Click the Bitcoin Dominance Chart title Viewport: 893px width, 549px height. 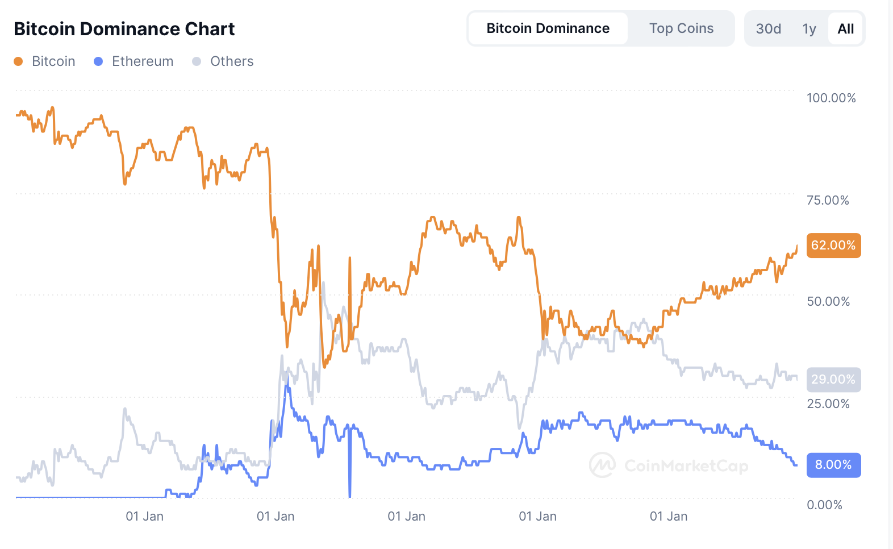[124, 29]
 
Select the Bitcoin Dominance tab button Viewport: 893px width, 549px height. [548, 28]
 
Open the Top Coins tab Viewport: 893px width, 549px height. [681, 28]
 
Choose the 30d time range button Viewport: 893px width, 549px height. [768, 29]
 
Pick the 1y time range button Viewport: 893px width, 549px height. [809, 29]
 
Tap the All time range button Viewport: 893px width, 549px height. [845, 29]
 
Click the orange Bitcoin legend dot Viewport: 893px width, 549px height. [18, 61]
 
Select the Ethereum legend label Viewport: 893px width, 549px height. [142, 61]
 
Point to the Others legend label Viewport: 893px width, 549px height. [232, 61]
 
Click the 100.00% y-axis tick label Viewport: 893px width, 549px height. [831, 98]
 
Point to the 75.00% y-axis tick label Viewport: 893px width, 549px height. [828, 200]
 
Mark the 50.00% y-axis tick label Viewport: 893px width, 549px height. [828, 301]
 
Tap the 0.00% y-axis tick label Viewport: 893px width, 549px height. [824, 505]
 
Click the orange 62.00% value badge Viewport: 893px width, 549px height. [833, 246]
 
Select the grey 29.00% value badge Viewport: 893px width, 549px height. [833, 380]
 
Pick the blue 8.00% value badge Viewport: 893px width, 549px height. [833, 465]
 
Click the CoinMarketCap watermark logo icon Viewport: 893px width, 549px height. [602, 465]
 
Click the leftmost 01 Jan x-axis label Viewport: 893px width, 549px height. [144, 516]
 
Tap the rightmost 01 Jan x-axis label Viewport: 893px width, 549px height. [668, 516]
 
